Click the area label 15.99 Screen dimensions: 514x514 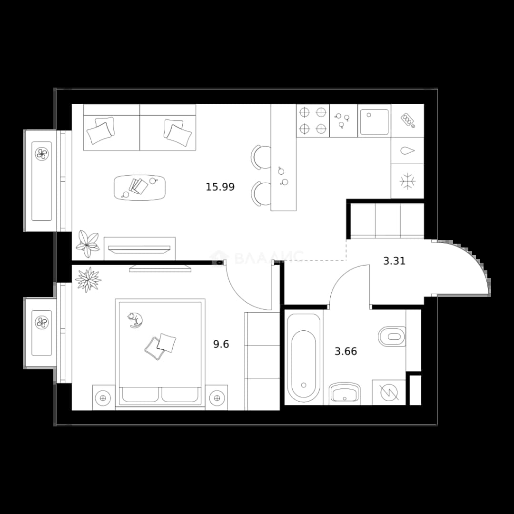pos(220,187)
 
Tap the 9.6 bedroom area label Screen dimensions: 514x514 pos(221,344)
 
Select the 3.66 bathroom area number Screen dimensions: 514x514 pos(346,351)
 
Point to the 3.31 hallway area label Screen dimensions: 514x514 pos(394,261)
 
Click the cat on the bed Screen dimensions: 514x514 pos(135,320)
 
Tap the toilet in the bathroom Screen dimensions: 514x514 pos(392,336)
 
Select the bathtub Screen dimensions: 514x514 pos(304,358)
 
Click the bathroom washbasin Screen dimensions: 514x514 pos(345,392)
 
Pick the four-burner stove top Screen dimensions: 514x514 pos(313,120)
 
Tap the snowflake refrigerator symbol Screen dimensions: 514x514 pos(407,181)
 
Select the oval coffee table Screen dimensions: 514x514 pos(139,188)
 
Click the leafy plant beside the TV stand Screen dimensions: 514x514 pos(87,244)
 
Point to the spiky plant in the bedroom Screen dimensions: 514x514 pos(88,280)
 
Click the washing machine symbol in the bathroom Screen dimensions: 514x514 pos(389,392)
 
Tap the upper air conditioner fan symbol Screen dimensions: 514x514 pos(41,153)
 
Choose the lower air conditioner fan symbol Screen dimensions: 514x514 pos(41,322)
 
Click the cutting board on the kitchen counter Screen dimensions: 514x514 pos(408,120)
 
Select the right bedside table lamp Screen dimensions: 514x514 pos(217,398)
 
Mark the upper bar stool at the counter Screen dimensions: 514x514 pos(261,158)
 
